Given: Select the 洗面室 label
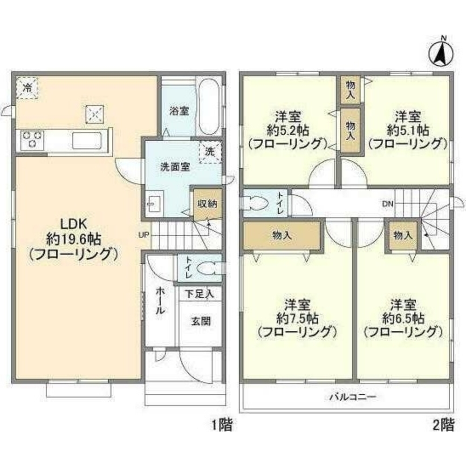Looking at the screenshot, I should click(175, 167).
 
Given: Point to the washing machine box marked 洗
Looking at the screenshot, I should click(209, 152).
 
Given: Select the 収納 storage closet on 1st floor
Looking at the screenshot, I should click(205, 204).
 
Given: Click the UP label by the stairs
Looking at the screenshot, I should click(143, 234).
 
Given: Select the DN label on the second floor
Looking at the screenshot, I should click(388, 203).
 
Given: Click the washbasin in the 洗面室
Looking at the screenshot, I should click(153, 204).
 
